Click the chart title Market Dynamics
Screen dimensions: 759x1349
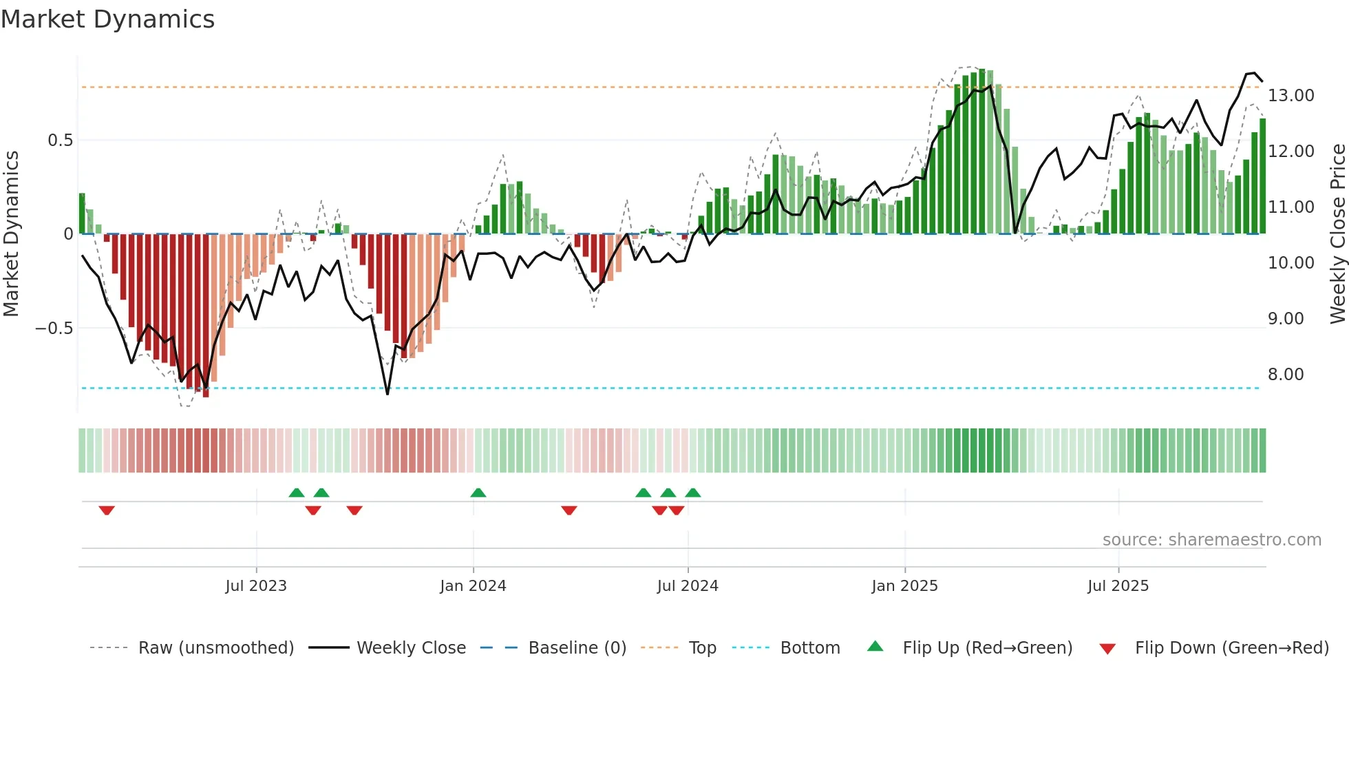(107, 19)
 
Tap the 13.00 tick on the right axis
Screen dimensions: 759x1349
(1290, 96)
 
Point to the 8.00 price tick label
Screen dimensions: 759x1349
(1285, 375)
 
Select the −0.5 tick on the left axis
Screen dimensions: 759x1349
(54, 329)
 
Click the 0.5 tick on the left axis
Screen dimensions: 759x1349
(60, 141)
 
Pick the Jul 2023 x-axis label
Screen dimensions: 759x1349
(255, 586)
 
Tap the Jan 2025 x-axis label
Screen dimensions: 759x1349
(904, 586)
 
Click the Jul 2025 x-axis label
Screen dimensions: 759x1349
(1118, 586)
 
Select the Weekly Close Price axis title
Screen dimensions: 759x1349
(1337, 233)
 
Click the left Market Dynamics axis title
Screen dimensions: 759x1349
(11, 233)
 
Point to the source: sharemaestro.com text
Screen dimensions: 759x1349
(1211, 540)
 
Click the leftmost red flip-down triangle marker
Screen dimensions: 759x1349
(107, 510)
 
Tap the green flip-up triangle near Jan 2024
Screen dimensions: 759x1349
(478, 492)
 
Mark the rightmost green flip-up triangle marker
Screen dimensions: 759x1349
(693, 492)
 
